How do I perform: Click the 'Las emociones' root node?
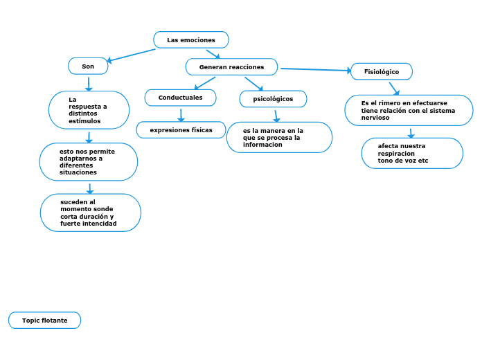click(x=191, y=39)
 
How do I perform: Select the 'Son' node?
click(x=88, y=66)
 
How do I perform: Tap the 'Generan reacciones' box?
click(x=231, y=66)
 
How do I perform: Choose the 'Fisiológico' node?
click(x=382, y=71)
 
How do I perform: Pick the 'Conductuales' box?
click(x=181, y=98)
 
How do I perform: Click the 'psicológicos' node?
click(x=273, y=99)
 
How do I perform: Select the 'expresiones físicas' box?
click(x=181, y=129)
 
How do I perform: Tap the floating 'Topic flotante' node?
click(x=44, y=320)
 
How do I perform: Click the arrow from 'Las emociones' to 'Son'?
click(x=132, y=55)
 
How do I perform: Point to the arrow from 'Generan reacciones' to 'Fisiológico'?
click(x=316, y=69)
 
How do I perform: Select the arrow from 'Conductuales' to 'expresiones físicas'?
click(x=181, y=116)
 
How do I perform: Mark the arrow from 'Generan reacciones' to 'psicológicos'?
click(x=254, y=84)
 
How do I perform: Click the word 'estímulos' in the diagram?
click(x=84, y=121)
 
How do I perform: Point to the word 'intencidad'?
click(x=101, y=224)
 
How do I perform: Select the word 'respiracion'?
click(x=396, y=154)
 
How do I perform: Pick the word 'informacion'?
click(x=262, y=145)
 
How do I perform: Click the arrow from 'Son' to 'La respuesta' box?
click(x=89, y=84)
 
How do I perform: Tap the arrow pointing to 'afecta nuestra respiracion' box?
click(x=411, y=134)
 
